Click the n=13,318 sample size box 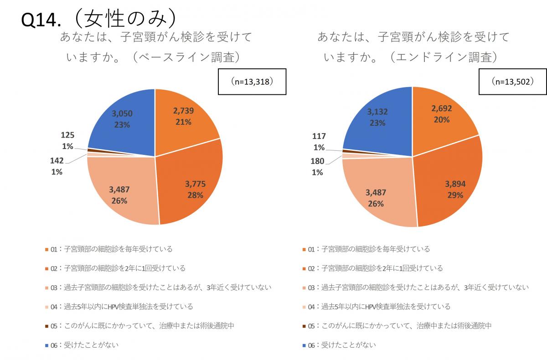tap(252, 82)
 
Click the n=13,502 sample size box tap(513, 82)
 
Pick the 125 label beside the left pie tap(67, 135)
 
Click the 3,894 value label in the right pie tap(456, 185)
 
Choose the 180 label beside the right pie tap(317, 161)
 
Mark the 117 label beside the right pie tap(319, 136)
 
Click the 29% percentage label tap(456, 195)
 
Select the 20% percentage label tap(441, 120)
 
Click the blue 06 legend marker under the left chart tap(46, 345)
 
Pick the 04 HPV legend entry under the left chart tap(121, 307)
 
